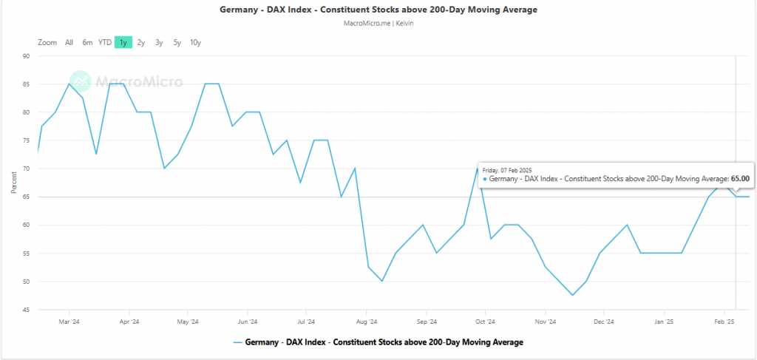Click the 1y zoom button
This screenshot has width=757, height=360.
(x=123, y=42)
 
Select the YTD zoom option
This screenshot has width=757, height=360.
(x=105, y=42)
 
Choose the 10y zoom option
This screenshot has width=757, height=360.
(x=195, y=42)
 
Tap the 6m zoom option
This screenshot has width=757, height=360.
(x=87, y=42)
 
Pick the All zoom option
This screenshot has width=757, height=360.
(x=69, y=42)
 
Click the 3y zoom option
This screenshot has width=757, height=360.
(x=159, y=42)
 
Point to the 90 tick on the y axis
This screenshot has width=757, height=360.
(x=25, y=56)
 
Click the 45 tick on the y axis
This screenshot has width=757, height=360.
(x=25, y=310)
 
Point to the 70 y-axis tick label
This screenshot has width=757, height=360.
(x=25, y=169)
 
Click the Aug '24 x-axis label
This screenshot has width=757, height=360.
(x=367, y=322)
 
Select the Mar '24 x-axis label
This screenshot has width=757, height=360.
(x=69, y=322)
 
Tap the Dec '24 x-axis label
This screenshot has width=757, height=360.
(x=604, y=322)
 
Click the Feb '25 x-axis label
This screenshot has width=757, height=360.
(x=724, y=322)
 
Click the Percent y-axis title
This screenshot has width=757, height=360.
(x=13, y=183)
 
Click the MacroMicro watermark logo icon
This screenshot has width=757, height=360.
(x=80, y=81)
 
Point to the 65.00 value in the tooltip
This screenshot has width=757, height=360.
(x=740, y=178)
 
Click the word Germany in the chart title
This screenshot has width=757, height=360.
(x=238, y=10)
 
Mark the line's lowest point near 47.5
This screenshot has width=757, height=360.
(x=573, y=295)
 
